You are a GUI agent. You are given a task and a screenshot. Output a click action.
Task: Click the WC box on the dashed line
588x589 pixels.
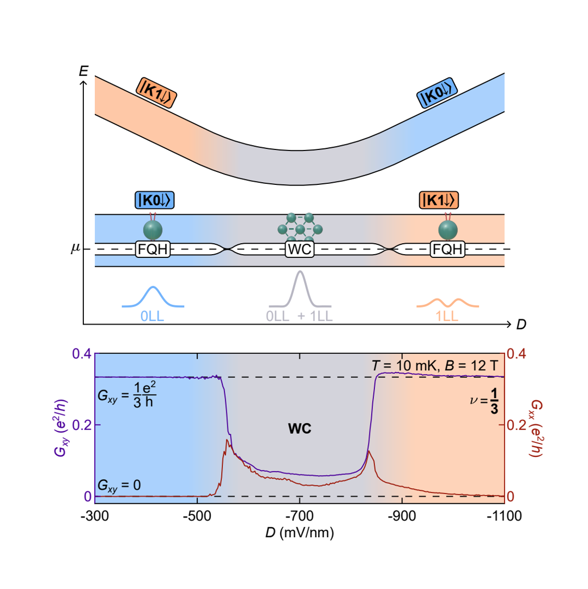tap(299, 250)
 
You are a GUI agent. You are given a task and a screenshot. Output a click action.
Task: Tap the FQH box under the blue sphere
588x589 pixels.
tap(153, 250)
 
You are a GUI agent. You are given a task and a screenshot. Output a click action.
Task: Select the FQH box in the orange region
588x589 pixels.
tap(448, 250)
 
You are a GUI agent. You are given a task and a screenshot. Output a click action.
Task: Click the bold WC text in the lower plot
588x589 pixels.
tap(299, 429)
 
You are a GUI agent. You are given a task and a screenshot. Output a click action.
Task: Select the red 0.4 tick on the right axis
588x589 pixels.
tap(517, 354)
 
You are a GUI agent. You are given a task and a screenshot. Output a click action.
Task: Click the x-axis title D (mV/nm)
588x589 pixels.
tap(299, 532)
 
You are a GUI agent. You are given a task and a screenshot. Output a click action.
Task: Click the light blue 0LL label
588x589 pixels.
tap(153, 316)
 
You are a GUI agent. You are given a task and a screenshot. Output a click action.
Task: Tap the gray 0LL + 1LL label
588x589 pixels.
tap(299, 316)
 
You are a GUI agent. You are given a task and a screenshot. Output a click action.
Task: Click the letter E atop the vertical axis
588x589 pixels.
tap(83, 70)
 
